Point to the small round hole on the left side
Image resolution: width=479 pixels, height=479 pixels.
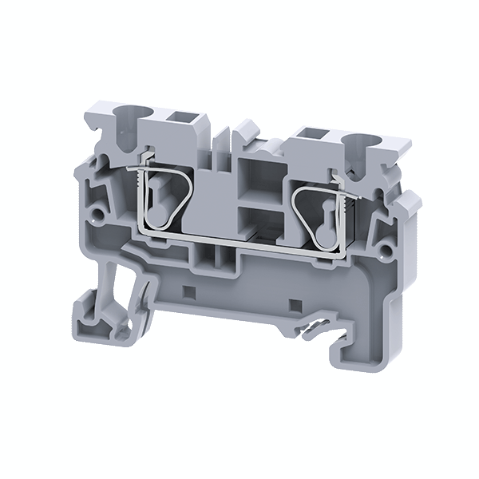pos(99,214)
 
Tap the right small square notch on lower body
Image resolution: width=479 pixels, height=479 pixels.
pos(292,305)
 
